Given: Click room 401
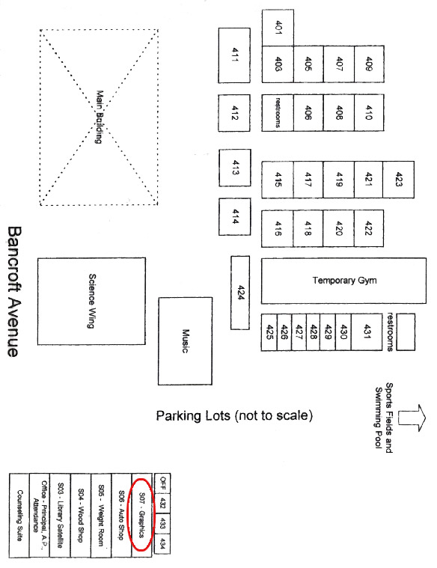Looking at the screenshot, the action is [278, 28].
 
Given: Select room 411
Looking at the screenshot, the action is [234, 55].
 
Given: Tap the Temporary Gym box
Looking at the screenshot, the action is [343, 281].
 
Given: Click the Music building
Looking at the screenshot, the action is [185, 341].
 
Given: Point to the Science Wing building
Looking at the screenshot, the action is [92, 301].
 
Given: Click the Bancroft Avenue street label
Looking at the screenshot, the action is [15, 292].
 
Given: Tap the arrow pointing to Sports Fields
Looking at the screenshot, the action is [412, 418].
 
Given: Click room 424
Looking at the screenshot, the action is [240, 293].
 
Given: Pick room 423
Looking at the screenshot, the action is [398, 180].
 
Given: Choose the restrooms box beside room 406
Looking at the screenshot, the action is [278, 113].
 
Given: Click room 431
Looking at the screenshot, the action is [367, 332].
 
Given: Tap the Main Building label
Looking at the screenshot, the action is [99, 117].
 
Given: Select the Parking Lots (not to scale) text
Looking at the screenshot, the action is [234, 415].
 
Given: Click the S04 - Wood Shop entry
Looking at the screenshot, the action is [81, 515].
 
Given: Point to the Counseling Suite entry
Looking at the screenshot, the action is [19, 515].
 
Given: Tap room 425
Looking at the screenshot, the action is [269, 332].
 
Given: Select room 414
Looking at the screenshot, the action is [234, 216].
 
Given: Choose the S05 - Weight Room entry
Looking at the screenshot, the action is [101, 515].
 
